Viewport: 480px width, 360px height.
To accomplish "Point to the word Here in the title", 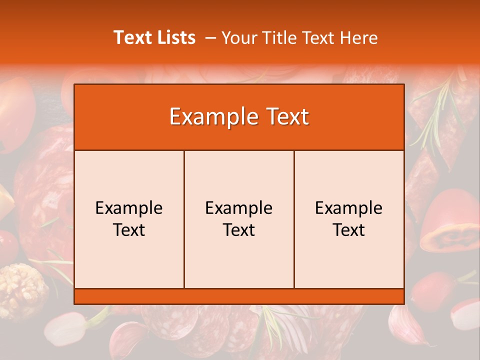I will pyautogui.click(x=358, y=37).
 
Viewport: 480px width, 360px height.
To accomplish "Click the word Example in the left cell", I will pyautogui.click(x=129, y=208).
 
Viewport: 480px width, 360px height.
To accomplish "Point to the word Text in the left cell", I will pyautogui.click(x=129, y=230).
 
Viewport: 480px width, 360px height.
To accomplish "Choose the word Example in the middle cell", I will pyautogui.click(x=239, y=208).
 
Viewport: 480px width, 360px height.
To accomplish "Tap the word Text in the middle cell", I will pyautogui.click(x=239, y=230).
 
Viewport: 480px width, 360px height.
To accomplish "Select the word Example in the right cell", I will pyautogui.click(x=349, y=208).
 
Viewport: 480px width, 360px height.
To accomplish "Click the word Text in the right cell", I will pyautogui.click(x=349, y=230).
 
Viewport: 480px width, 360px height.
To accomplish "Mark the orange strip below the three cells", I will pyautogui.click(x=239, y=296).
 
